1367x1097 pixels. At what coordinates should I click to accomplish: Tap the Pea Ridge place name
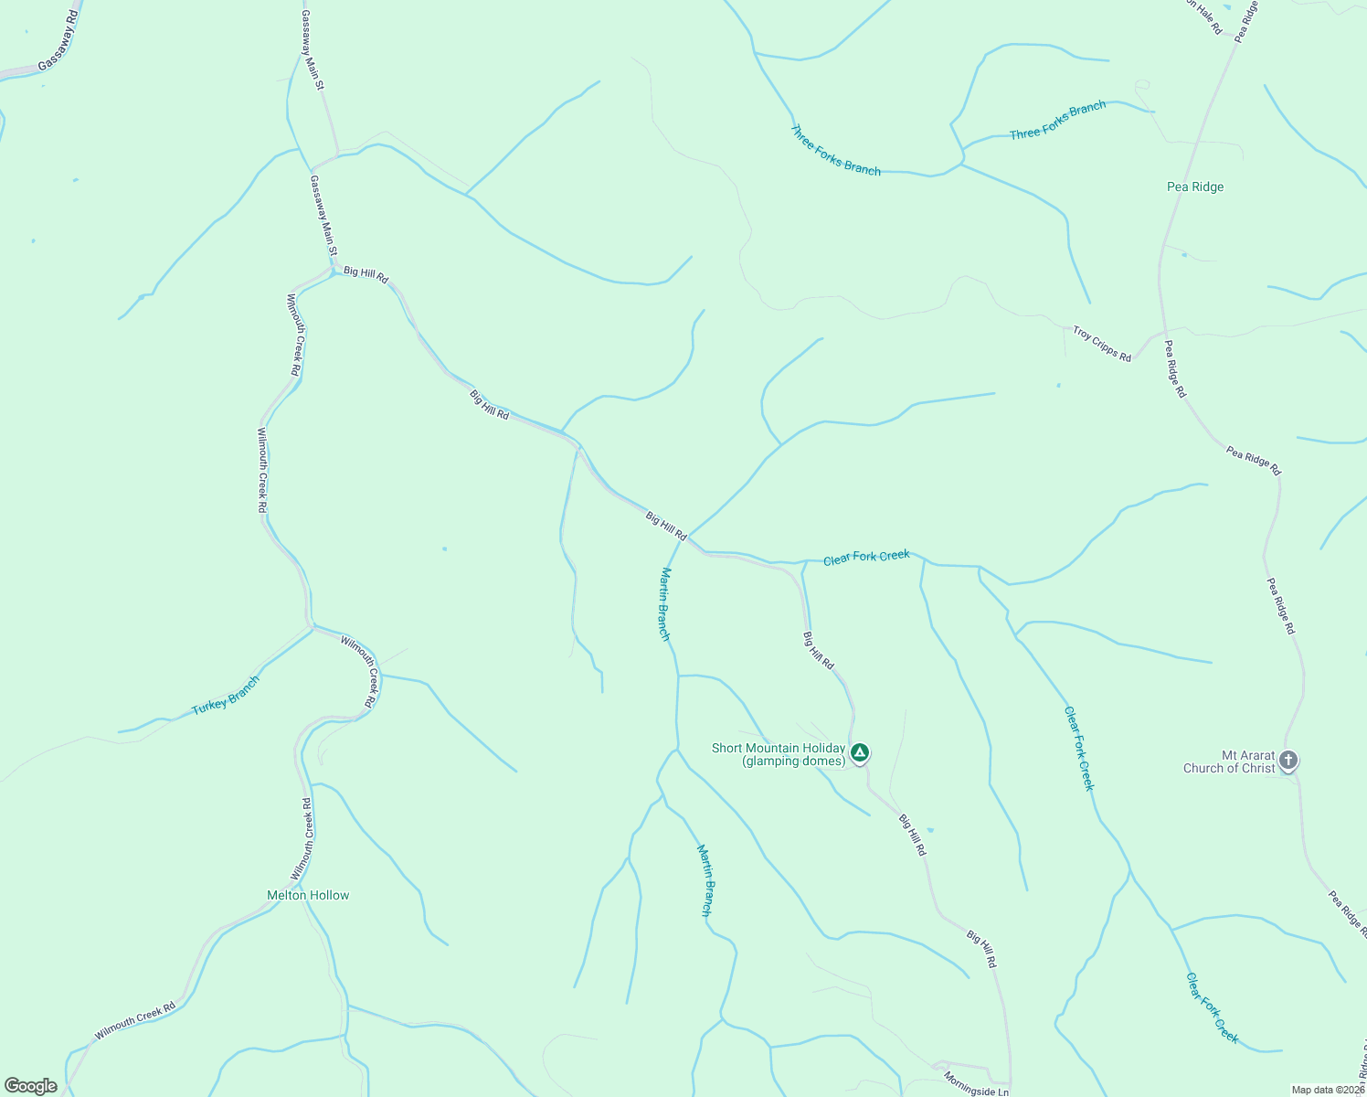coord(1195,186)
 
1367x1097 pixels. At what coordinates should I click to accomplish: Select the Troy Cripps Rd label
coord(1102,345)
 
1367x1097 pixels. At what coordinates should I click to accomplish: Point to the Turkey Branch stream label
coord(226,696)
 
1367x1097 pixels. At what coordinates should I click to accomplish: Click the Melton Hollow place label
coord(308,895)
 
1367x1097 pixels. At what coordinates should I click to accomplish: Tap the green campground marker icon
coord(859,752)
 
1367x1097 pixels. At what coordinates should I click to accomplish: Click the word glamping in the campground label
coord(773,762)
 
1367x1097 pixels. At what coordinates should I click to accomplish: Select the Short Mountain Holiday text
coord(778,748)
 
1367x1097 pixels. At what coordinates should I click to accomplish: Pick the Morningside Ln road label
coord(976,1084)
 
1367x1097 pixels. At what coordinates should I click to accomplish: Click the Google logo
coord(31,1086)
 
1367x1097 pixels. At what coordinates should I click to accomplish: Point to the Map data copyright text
coord(1328,1090)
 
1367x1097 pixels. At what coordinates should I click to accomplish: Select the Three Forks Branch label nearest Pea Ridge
coord(1057,121)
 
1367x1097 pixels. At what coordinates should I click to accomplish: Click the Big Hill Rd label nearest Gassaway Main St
coord(366,273)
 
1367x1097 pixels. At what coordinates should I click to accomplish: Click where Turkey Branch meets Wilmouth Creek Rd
coord(313,628)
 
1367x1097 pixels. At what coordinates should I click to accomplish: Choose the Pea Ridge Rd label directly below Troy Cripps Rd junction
coord(1175,368)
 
